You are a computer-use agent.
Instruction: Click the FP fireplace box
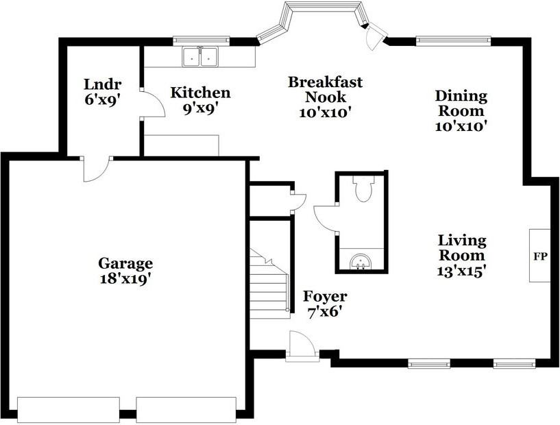point(539,255)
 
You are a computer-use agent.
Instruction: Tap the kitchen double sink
point(199,56)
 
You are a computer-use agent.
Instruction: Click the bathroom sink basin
point(361,260)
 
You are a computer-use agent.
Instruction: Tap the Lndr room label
point(103,91)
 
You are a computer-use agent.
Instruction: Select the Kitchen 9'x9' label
point(200,99)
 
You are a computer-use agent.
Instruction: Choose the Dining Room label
point(461,110)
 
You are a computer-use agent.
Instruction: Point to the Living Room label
point(462,256)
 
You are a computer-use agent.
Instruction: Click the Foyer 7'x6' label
point(325,304)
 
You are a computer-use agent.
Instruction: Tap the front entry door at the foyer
point(302,345)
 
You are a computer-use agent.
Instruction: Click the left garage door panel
point(69,409)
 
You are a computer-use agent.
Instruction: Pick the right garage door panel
point(186,409)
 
